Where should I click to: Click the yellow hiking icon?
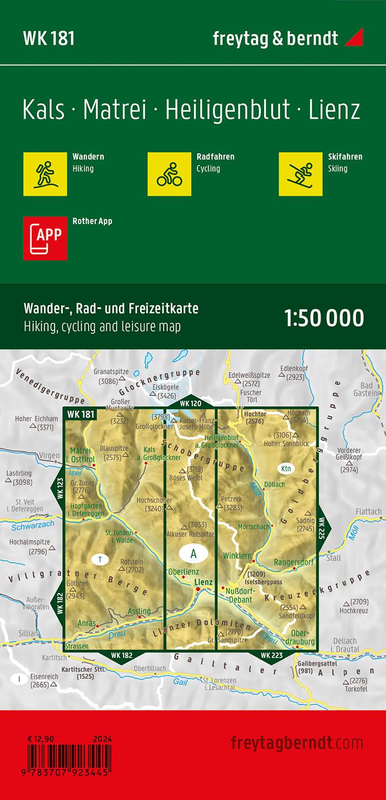point(45,174)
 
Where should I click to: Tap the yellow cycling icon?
point(169,174)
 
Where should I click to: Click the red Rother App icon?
point(45,238)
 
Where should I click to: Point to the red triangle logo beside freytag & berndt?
point(353,38)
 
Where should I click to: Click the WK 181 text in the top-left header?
point(49,38)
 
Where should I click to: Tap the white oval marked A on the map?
point(193,553)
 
